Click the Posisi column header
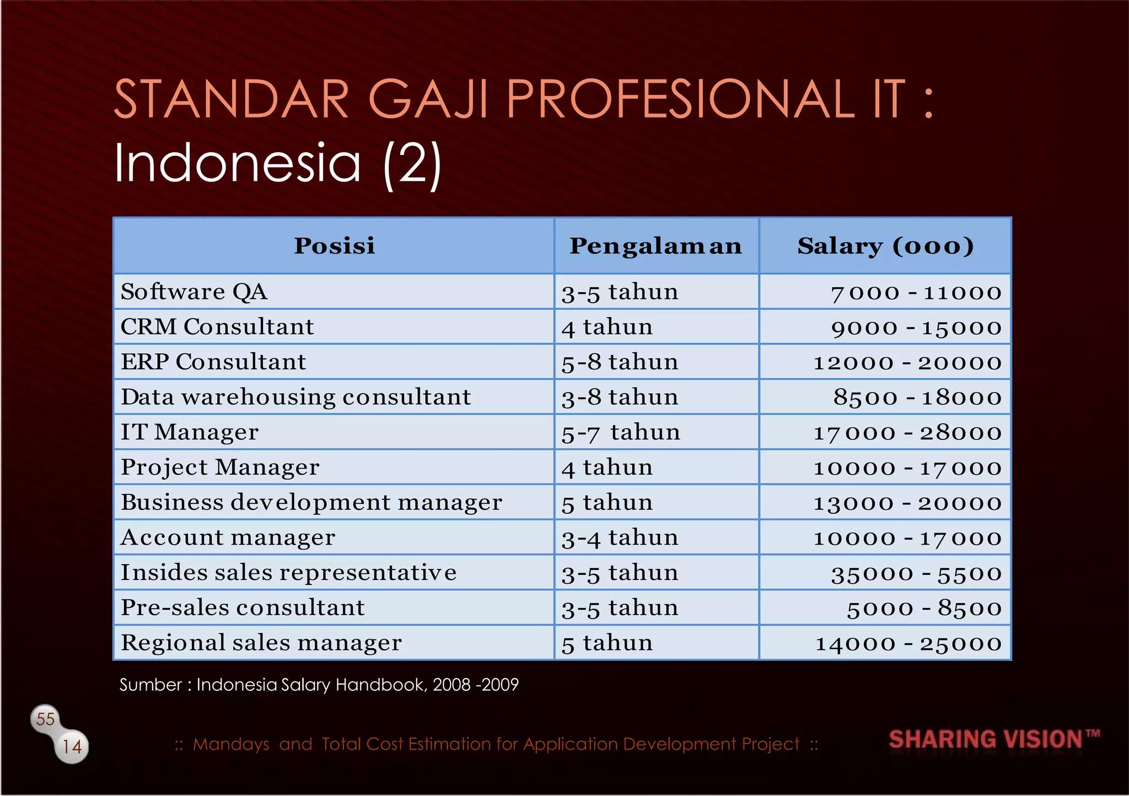point(334,246)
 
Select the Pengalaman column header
point(656,246)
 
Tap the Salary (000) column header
point(885,246)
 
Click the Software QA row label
point(194,292)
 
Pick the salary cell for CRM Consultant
point(916,327)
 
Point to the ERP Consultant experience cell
point(620,362)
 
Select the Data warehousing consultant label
point(296,397)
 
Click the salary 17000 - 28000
point(907,433)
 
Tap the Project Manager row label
point(220,467)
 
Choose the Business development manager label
point(311,502)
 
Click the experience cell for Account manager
point(620,537)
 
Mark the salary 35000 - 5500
point(916,573)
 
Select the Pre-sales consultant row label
point(243,607)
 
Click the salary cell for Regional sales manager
point(908,643)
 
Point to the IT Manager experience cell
point(621,432)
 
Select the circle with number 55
point(45,719)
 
